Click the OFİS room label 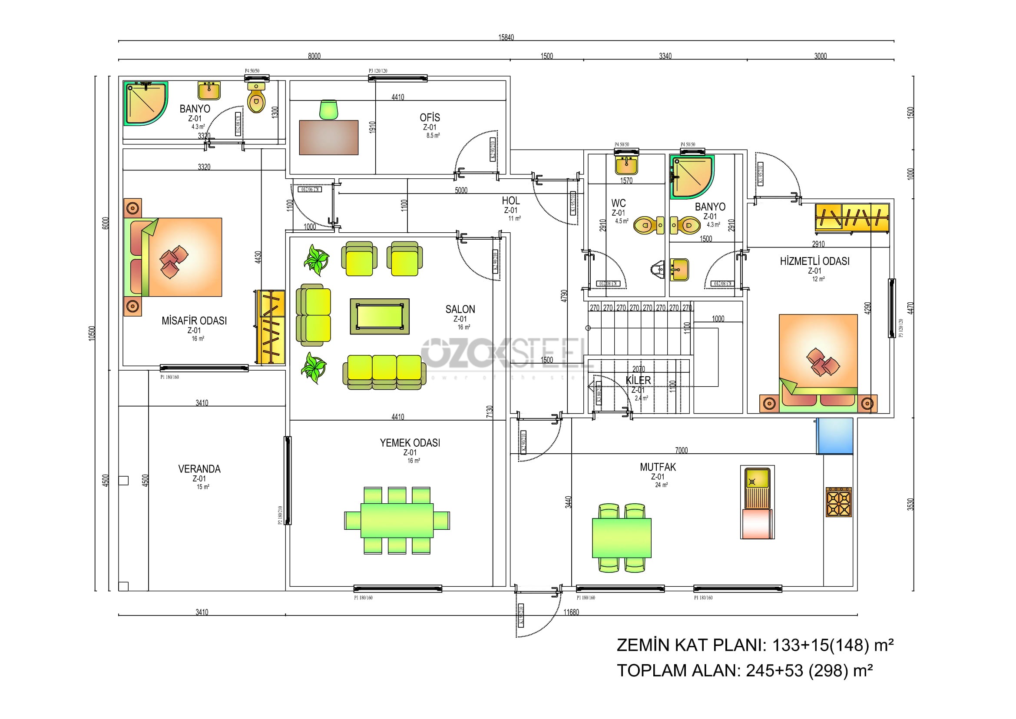(430, 117)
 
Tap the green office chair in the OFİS (329, 110)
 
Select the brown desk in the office (328, 137)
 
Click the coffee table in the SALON (380, 316)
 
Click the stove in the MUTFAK (838, 502)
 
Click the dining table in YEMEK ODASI (397, 521)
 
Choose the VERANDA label (199, 469)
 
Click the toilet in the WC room (649, 225)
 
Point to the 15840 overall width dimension (506, 38)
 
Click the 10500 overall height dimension (92, 333)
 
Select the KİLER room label (638, 380)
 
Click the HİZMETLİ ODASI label (814, 261)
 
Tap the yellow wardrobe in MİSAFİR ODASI (271, 327)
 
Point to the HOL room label (511, 201)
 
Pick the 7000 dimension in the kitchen (681, 450)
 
